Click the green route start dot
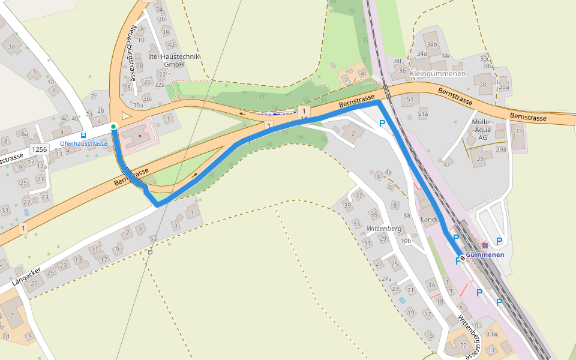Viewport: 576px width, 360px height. tap(113, 127)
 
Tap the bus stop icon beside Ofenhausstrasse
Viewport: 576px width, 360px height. tap(83, 136)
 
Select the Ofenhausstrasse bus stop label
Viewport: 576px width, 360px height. tap(83, 144)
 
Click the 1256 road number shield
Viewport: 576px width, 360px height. tap(40, 149)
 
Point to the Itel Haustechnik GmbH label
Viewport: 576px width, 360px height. tap(174, 60)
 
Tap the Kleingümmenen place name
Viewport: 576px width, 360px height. tap(437, 74)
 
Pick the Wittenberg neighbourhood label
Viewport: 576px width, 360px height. tap(383, 229)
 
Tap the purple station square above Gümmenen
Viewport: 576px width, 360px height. tap(485, 245)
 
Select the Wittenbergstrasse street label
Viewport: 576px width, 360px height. tap(469, 336)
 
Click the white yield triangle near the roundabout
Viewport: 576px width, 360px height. tap(125, 115)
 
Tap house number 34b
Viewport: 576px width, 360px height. tap(431, 44)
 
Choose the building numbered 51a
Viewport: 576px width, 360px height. tap(423, 113)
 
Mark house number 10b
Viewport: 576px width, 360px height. tap(406, 241)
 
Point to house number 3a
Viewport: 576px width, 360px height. tap(11, 46)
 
